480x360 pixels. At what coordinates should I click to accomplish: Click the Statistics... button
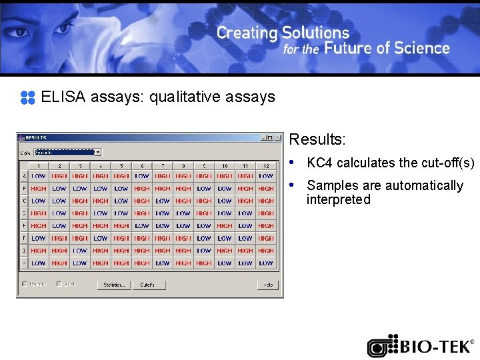113,285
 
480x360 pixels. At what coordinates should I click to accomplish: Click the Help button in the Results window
267,285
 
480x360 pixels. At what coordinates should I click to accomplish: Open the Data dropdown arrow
97,153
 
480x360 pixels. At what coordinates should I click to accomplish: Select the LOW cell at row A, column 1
39,176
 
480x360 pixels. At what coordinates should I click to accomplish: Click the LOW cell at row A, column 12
266,176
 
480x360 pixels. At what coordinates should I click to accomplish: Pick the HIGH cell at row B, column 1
39,189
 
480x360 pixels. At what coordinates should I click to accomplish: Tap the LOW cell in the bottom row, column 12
266,263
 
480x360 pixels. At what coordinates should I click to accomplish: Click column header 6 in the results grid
142,165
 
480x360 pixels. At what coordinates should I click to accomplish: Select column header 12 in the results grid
266,165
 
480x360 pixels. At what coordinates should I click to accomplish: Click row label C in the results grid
25,201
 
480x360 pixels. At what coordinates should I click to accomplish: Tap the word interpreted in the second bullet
338,200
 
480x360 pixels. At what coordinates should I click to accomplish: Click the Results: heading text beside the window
317,140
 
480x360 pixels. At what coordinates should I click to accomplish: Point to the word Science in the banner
422,49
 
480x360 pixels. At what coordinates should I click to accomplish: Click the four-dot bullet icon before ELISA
27,97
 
